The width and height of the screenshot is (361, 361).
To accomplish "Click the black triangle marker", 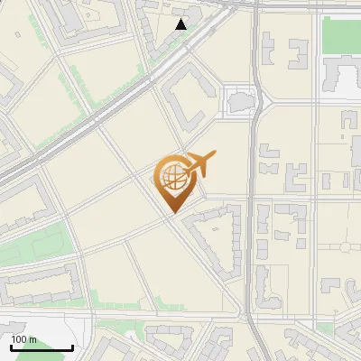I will point(181,24).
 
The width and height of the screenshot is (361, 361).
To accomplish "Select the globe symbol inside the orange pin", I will point(171,175).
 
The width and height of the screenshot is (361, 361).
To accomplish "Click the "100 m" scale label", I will point(23,339).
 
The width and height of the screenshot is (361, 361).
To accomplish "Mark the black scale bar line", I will point(41,347).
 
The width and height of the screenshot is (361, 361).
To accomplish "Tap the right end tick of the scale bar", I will point(72,346).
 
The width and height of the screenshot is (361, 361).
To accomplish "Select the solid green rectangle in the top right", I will point(341,35).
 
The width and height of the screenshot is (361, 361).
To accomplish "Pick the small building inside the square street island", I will point(240,101).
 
